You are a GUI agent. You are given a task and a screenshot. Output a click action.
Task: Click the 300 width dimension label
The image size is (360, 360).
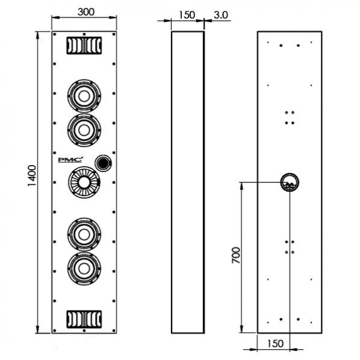pos(86,12)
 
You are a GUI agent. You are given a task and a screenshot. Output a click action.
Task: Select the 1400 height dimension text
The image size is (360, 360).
pos(32,176)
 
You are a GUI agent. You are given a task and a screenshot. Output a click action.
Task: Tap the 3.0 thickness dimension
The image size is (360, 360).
pos(221,15)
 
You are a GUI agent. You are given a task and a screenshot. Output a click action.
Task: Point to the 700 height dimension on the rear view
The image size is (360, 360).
pos(236,255)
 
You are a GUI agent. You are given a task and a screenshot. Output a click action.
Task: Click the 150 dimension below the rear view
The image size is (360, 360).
pos(275,344)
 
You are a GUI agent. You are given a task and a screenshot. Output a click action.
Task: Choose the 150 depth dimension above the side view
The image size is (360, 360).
pos(187,15)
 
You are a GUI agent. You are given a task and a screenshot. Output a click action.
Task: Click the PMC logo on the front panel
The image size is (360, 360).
pos(70,160)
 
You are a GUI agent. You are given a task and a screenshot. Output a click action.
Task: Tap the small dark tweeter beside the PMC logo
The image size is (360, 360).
pos(104,163)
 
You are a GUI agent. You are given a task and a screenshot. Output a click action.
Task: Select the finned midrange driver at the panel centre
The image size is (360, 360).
pos(84,182)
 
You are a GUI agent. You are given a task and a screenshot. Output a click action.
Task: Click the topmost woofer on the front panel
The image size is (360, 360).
pos(84,96)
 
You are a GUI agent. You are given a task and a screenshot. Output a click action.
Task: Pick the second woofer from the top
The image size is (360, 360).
pos(84,130)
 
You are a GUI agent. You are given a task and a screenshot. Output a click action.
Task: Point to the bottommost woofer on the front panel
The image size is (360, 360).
pos(84,268)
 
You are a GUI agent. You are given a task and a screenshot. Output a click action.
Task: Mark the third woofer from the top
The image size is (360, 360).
pos(84,234)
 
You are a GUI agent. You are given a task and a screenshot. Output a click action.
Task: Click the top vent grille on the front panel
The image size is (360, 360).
pos(84,46)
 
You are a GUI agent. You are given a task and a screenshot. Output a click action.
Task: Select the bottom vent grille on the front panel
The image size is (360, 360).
pos(84,319)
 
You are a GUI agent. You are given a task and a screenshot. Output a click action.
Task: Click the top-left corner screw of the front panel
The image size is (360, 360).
pos(55,34)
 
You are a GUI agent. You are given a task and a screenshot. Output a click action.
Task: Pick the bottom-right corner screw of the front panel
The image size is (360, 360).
pos(114,331)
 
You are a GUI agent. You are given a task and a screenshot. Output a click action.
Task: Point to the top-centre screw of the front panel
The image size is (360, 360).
pos(84,34)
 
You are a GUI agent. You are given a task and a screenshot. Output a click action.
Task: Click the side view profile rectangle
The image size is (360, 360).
pos(172,182)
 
